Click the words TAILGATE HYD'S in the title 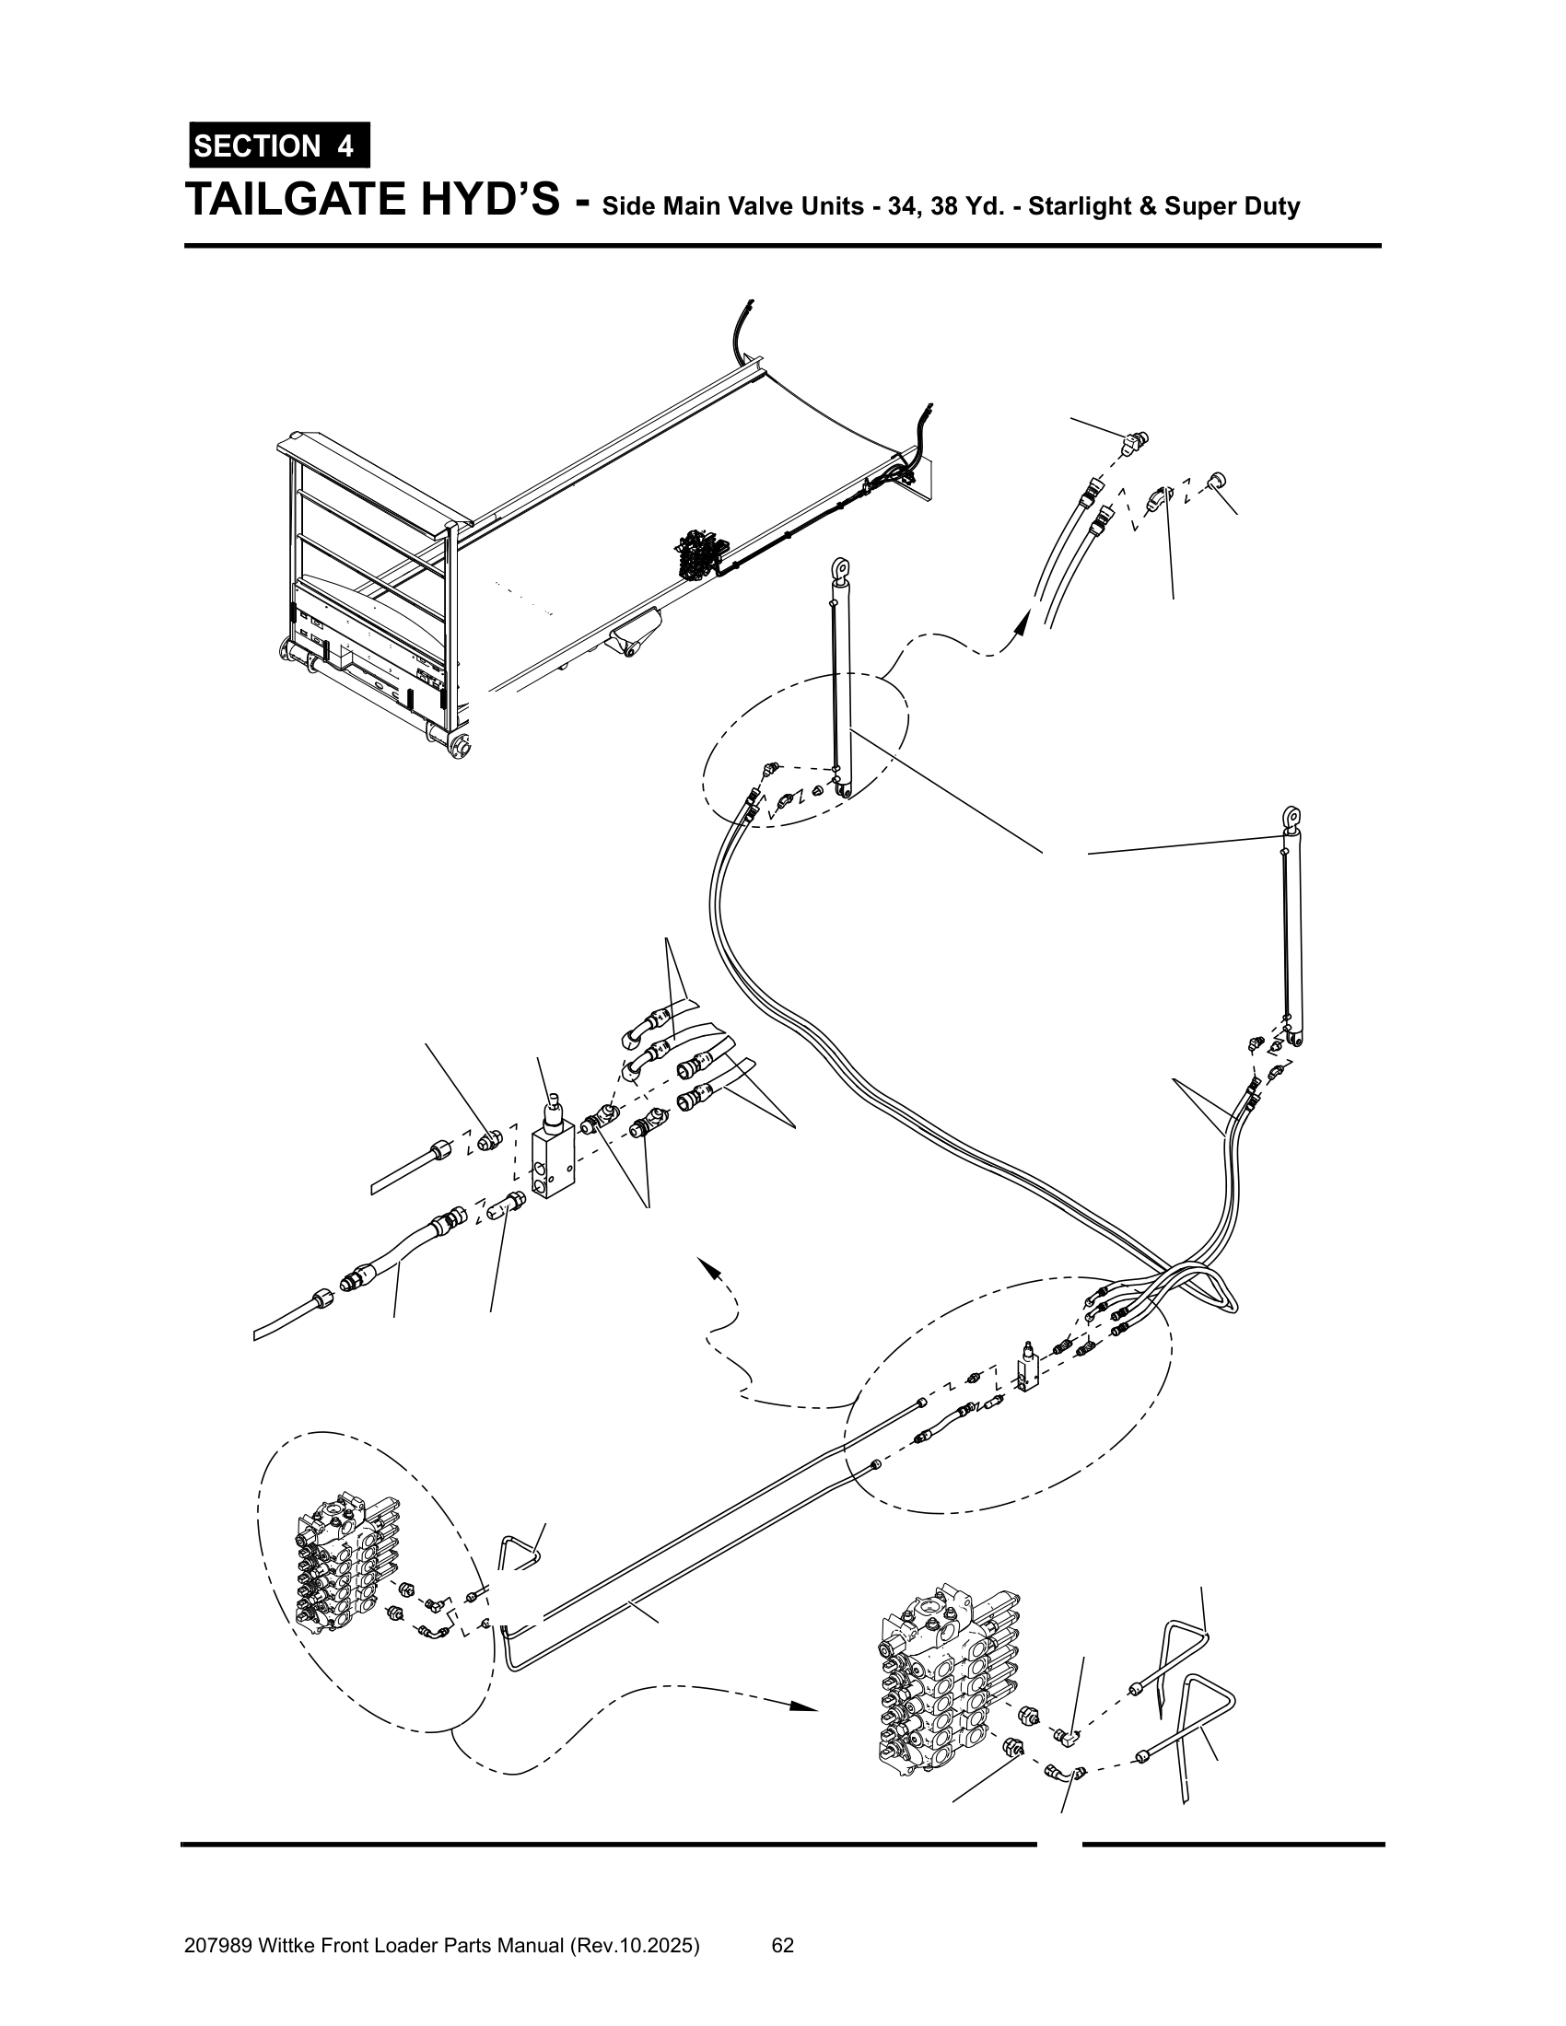pos(372,199)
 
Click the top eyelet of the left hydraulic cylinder pos(840,566)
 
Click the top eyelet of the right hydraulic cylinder pos(1291,817)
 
